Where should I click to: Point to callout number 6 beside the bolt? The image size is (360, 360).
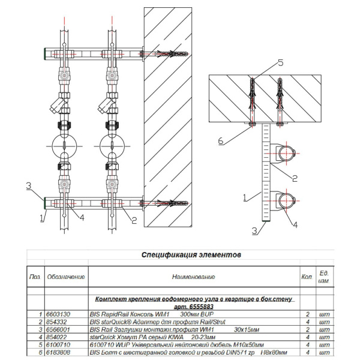[x=221, y=141]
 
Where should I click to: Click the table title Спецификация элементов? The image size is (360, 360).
[x=191, y=254]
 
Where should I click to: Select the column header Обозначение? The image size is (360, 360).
[x=66, y=277]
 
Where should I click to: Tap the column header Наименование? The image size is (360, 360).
[x=193, y=277]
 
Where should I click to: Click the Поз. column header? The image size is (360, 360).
[x=35, y=277]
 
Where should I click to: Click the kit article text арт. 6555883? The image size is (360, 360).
[x=194, y=305]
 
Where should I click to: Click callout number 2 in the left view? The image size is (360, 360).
[x=134, y=221]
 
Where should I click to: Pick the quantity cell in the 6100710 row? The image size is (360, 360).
[x=307, y=345]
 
